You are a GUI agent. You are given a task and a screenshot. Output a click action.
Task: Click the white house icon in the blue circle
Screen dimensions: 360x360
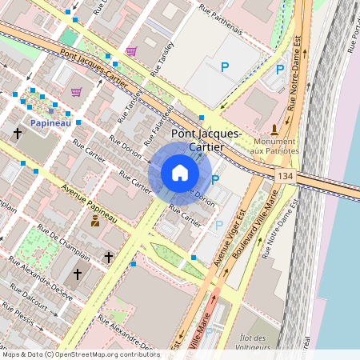point(180,172)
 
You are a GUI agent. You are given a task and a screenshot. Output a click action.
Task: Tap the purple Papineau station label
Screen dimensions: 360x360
point(51,123)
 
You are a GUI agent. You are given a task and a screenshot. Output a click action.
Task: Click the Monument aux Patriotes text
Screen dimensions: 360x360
point(274,146)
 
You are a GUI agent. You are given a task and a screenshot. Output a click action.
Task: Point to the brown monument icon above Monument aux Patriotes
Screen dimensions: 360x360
point(274,129)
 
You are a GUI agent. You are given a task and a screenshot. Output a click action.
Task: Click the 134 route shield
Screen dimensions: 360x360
point(285,175)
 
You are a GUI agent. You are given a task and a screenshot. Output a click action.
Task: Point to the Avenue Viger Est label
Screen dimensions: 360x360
point(230,236)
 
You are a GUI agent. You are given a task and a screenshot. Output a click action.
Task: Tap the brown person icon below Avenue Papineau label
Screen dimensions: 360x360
point(95,220)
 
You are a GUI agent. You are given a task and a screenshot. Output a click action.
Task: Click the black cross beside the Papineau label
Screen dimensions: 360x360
point(17,134)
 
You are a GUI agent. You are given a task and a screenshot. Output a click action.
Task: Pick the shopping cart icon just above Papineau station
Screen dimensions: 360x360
point(76,92)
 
